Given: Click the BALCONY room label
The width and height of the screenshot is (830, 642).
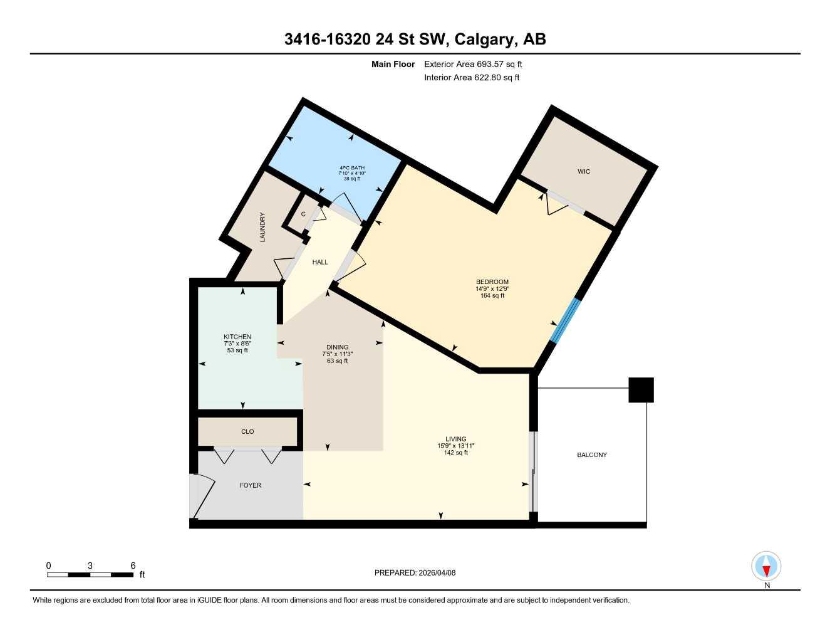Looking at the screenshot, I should click(x=591, y=455).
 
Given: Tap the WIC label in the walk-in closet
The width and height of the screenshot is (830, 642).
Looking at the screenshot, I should click(x=583, y=171).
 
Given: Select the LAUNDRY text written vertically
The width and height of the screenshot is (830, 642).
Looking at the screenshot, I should click(x=262, y=227).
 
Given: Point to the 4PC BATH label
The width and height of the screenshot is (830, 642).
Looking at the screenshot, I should click(x=351, y=167).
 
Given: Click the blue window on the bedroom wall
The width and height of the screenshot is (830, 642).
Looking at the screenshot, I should click(x=565, y=321).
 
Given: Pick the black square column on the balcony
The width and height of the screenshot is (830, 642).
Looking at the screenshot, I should click(x=641, y=390).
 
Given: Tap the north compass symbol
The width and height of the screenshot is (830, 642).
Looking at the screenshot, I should click(x=766, y=567).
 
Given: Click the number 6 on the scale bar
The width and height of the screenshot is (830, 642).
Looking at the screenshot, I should click(x=133, y=566).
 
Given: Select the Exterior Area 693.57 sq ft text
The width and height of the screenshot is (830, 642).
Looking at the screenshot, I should click(x=473, y=64).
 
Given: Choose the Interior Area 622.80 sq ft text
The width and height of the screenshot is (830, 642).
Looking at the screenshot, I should click(x=472, y=78).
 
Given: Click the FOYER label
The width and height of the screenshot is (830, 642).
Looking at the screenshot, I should click(x=250, y=485).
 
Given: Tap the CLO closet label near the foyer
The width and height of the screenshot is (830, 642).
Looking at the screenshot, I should click(x=247, y=431).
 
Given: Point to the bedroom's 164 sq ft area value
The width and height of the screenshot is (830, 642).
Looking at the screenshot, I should click(x=492, y=295).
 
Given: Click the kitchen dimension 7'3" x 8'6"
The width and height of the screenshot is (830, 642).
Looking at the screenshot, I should click(x=237, y=344).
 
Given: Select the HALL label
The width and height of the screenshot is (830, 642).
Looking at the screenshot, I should click(x=320, y=262).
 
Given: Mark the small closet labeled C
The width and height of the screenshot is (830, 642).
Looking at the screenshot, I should click(x=303, y=214).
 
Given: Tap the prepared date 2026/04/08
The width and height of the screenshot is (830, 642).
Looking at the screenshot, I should click(x=437, y=572).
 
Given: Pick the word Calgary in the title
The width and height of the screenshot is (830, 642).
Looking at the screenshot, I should click(x=483, y=39).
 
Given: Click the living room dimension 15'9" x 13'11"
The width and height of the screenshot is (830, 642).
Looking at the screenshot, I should click(x=455, y=446).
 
